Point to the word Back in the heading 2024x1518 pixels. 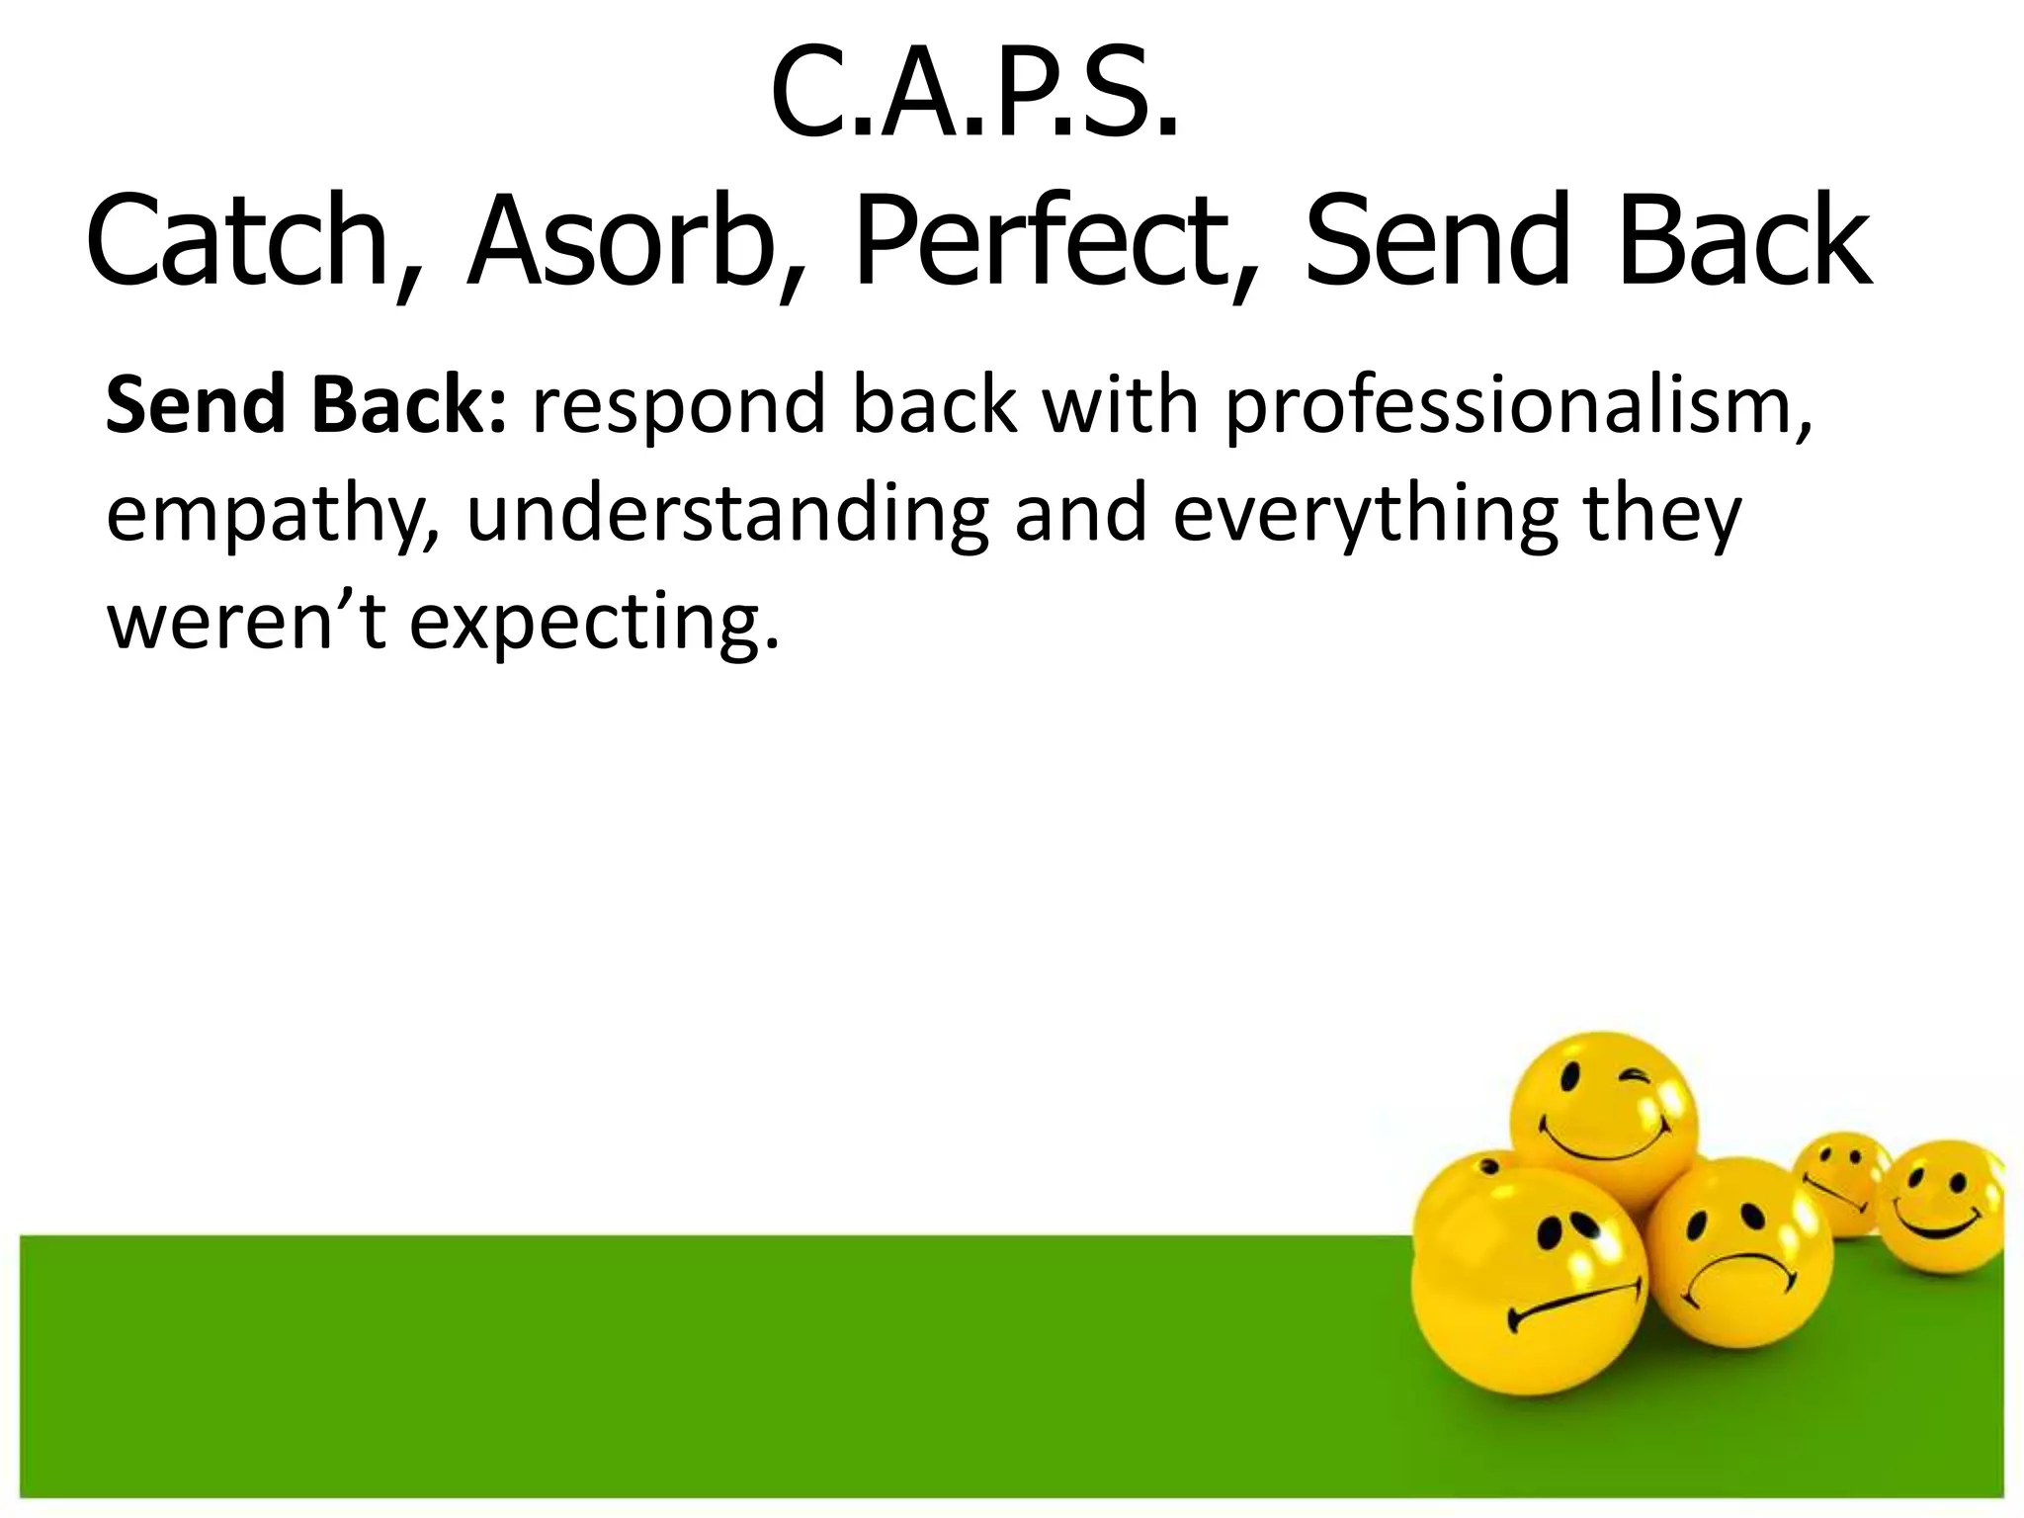click(x=1744, y=242)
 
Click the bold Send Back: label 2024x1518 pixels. click(x=306, y=405)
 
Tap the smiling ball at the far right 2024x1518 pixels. click(x=1942, y=1206)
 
